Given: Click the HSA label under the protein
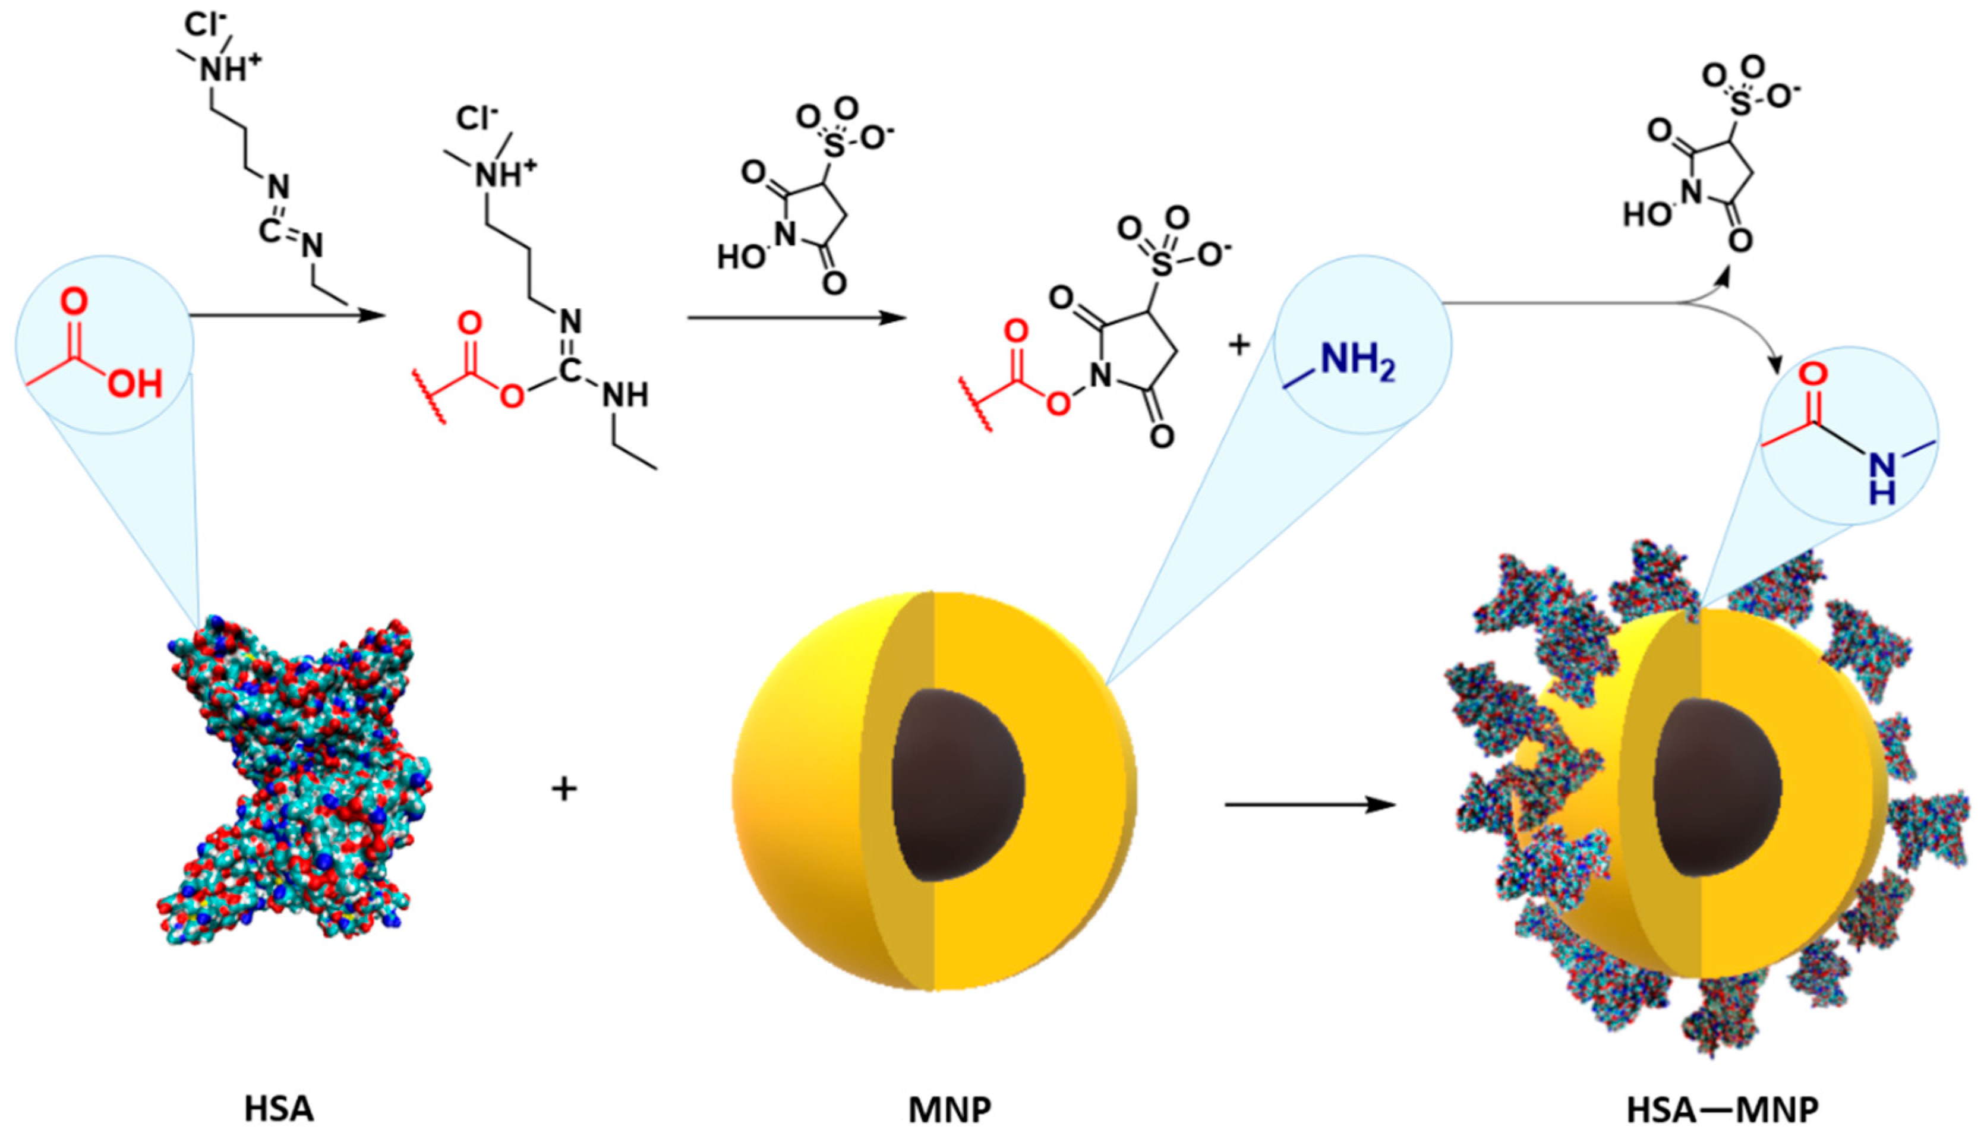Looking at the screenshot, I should pyautogui.click(x=279, y=1110).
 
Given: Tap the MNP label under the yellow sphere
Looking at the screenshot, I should pyautogui.click(x=949, y=1110).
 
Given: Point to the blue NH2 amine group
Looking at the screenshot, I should pyautogui.click(x=1357, y=362).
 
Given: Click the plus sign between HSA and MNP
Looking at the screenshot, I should pyautogui.click(x=564, y=788).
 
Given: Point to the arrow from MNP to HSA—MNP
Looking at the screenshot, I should pyautogui.click(x=1310, y=804).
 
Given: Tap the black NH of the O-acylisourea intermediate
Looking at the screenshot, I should pyautogui.click(x=625, y=396).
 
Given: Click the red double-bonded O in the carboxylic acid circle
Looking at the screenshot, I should pyautogui.click(x=74, y=304).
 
